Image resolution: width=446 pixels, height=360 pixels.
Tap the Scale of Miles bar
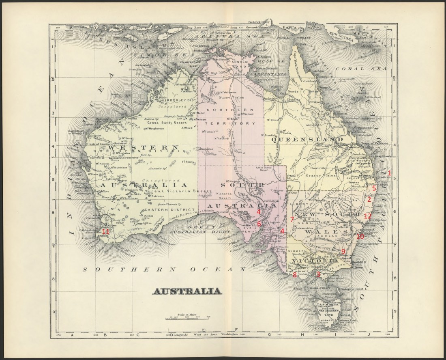click(187, 320)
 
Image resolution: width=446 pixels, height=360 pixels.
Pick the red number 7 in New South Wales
click(292, 219)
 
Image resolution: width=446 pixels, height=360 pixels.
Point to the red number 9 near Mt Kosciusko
click(343, 252)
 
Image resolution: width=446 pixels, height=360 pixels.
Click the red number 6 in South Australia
click(259, 224)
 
